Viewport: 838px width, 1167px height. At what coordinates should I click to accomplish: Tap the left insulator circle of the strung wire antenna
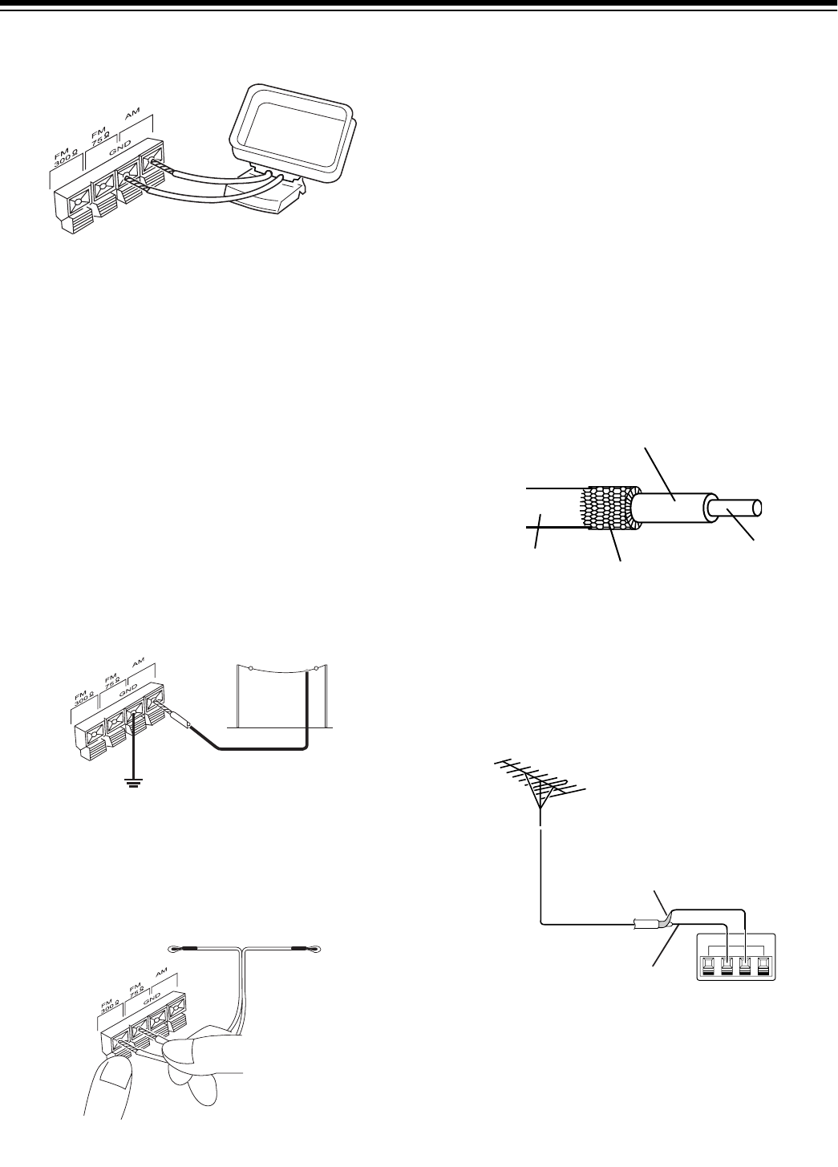[x=252, y=667]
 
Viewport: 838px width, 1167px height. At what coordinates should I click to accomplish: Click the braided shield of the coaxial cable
[x=611, y=509]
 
